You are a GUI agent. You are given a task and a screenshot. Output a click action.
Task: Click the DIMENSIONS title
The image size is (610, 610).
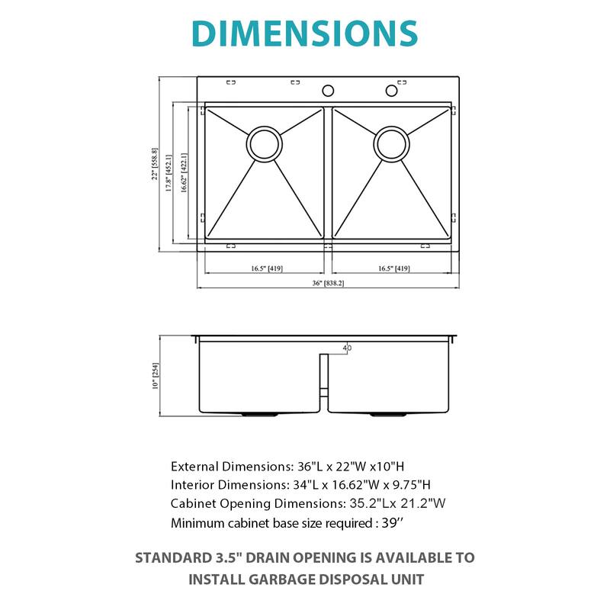point(305,34)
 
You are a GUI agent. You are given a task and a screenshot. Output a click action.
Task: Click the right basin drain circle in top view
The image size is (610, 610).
point(392,143)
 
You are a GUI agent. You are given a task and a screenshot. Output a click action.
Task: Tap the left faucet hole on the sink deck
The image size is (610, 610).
point(328,91)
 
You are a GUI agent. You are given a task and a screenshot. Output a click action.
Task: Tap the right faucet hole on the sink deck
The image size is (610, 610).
point(392,91)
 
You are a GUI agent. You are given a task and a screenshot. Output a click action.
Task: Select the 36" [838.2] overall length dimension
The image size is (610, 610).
point(328,283)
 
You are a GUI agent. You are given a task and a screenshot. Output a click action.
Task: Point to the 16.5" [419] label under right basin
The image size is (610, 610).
point(394,268)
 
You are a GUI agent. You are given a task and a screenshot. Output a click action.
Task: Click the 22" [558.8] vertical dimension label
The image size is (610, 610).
point(154,164)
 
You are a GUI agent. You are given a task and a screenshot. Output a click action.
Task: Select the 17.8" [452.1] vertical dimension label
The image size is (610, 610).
point(169,172)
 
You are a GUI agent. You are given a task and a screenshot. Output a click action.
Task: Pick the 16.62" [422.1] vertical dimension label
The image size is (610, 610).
point(184,172)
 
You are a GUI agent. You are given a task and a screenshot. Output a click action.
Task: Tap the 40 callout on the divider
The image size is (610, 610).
point(348,348)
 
